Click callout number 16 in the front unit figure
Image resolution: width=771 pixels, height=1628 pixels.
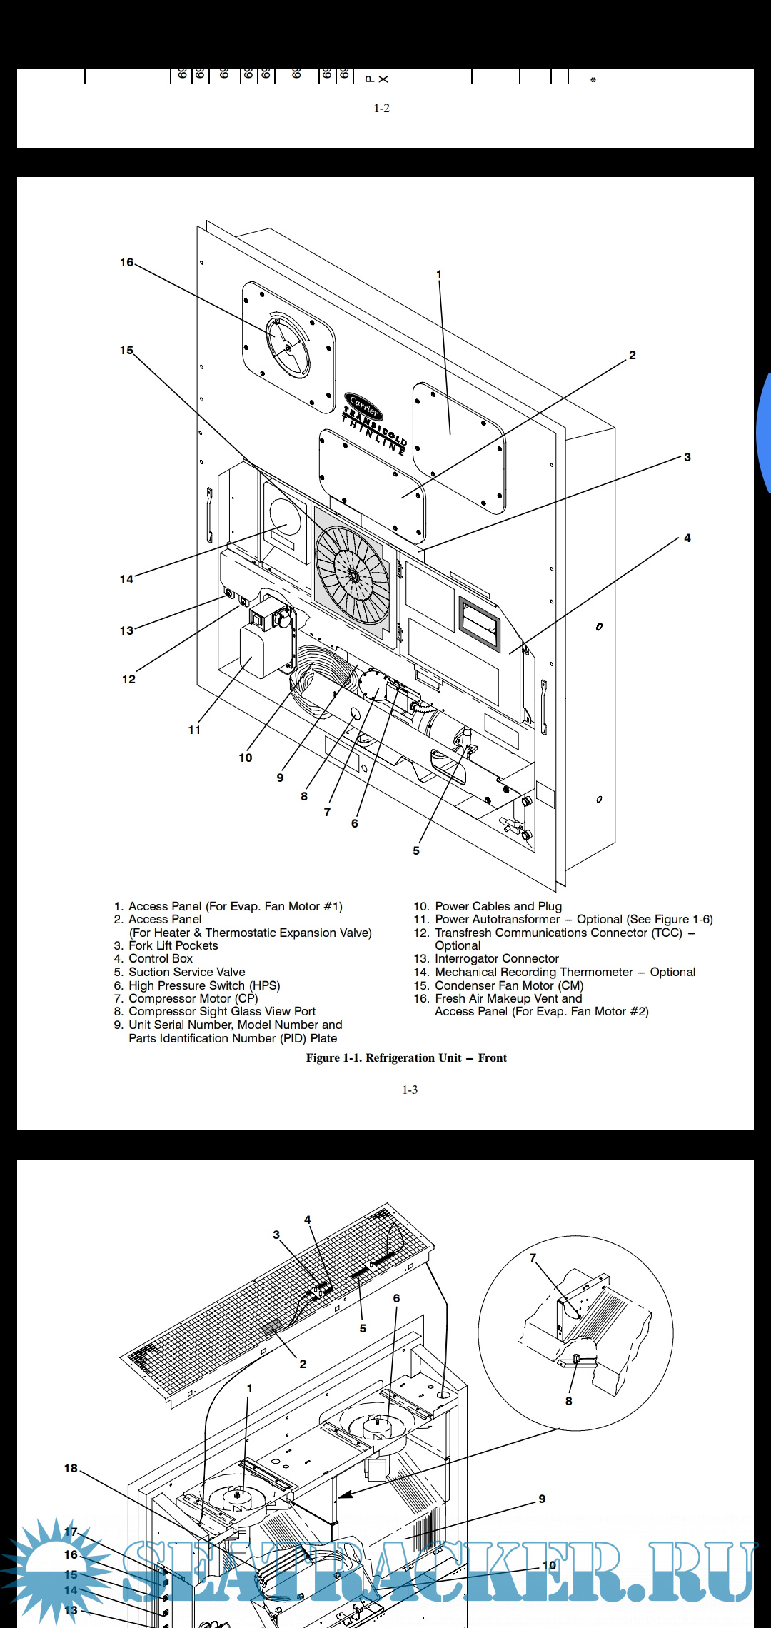[x=126, y=263]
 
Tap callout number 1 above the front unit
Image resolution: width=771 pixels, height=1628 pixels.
[x=439, y=274]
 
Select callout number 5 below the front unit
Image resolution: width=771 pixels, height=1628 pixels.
[x=416, y=850]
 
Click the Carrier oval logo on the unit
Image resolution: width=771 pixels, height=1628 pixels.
[x=363, y=406]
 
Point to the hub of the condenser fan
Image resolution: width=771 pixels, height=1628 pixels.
[x=353, y=575]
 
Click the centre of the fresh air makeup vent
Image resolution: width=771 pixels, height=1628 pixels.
[x=288, y=348]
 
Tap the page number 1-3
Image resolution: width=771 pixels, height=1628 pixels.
[x=410, y=1090]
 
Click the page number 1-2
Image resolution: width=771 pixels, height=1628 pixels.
[x=382, y=108]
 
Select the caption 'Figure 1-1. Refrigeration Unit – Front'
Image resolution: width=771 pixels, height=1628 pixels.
[x=406, y=1057]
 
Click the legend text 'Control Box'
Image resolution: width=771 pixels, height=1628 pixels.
[x=161, y=958]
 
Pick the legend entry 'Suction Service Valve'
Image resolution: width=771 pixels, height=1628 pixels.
[x=186, y=972]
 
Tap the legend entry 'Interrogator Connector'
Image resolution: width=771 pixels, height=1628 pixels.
[x=497, y=958]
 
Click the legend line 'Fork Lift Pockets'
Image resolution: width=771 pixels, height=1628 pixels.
[x=173, y=945]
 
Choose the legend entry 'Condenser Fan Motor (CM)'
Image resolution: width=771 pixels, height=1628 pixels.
[x=509, y=985]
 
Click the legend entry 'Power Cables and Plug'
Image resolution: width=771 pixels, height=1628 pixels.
[x=498, y=906]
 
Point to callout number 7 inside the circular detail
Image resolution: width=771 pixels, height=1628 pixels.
[x=533, y=1257]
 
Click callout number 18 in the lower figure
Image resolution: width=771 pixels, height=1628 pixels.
[x=71, y=1468]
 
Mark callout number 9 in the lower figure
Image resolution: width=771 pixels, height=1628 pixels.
[x=542, y=1499]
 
